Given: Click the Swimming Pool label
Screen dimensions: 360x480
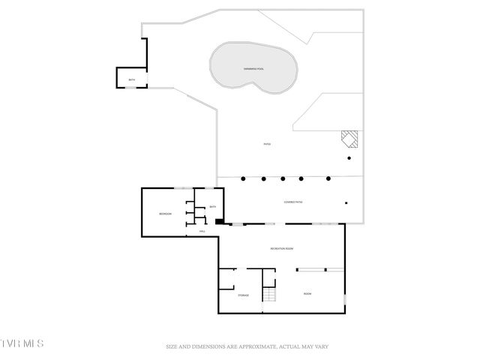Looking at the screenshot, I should point(253,69).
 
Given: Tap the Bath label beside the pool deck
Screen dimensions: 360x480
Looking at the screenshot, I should point(131,80).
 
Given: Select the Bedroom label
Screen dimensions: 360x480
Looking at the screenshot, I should point(165,214).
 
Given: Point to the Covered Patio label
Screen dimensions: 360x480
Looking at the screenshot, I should point(293,202).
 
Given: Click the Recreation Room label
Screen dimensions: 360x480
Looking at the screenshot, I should point(281,248).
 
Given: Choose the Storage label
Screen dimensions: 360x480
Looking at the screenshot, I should point(244,295).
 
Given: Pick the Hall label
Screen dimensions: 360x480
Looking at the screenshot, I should point(202,232).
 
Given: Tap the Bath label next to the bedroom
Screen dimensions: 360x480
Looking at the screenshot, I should point(212,207).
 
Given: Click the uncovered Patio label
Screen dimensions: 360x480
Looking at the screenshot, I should point(266,144).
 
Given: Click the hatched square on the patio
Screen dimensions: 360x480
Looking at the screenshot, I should point(349,139).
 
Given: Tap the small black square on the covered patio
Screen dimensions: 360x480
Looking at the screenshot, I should point(346,202).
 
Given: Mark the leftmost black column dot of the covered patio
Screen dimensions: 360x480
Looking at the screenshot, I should point(243,178).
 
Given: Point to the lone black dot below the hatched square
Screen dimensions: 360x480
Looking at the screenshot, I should point(348,158).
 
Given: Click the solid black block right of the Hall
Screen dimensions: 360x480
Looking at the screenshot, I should point(219,221).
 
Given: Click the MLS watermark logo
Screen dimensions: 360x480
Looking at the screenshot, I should point(22,343).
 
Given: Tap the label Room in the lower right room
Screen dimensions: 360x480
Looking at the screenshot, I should point(307,294).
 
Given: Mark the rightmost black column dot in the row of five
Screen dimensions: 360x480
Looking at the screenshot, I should point(328,178).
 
